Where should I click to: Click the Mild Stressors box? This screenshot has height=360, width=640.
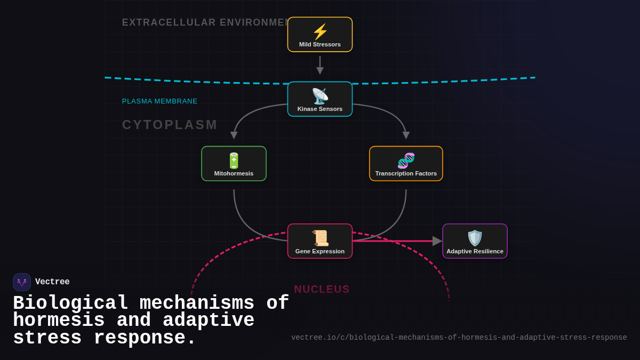coord(320,35)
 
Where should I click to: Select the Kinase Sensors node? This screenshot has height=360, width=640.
coord(320,99)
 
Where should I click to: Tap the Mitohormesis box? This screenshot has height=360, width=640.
coord(234,164)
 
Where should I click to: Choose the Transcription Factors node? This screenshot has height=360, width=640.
coord(406,164)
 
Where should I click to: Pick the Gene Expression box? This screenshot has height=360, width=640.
coord(320,241)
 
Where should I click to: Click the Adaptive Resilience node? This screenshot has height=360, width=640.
coord(475,241)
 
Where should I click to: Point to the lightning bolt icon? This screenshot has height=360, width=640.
coord(320,31)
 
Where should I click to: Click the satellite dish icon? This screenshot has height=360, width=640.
coord(320,96)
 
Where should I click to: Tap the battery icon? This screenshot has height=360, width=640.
coord(234,161)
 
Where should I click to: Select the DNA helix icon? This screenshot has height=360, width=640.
coord(406,161)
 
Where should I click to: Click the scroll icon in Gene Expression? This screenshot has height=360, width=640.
coord(320,238)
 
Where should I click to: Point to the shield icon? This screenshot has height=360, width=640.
coord(475,238)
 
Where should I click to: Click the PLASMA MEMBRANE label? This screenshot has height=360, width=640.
coord(159,101)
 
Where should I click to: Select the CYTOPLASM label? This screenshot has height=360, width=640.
coord(170,125)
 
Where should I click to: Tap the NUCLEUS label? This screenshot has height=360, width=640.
coord(322,289)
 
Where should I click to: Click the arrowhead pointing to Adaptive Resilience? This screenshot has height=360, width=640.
coord(437,241)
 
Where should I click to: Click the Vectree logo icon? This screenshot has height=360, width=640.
coord(22,282)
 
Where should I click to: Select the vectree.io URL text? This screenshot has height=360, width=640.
coord(459,338)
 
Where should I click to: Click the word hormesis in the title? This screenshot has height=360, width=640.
coord(59,321)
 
